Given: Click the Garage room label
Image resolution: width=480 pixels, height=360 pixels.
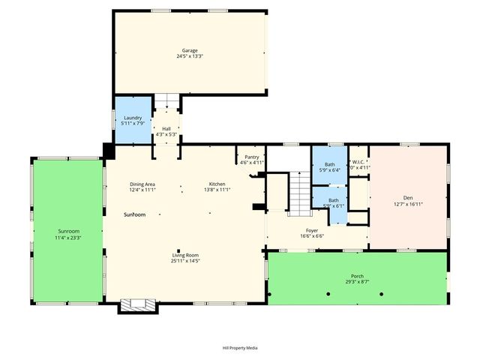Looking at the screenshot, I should pyautogui.click(x=189, y=50).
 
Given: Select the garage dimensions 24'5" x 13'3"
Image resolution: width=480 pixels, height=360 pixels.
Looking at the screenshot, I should pyautogui.click(x=189, y=56).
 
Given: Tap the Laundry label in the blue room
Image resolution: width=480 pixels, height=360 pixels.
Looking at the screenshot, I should pyautogui.click(x=132, y=118).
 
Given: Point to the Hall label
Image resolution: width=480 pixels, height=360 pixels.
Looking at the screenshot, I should pyautogui.click(x=166, y=129).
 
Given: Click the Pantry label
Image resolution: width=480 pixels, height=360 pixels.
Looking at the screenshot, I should pyautogui.click(x=251, y=157).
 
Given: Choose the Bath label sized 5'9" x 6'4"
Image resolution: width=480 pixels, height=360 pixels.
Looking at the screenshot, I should pyautogui.click(x=330, y=164).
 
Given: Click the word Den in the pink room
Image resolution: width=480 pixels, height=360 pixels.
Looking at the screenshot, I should pyautogui.click(x=408, y=197).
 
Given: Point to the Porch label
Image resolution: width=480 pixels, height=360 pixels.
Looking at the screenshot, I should pyautogui.click(x=357, y=276).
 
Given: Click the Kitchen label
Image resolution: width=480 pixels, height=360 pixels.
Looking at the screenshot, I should pyautogui.click(x=217, y=184).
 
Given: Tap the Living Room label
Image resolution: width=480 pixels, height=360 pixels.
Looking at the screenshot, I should pyautogui.click(x=184, y=255).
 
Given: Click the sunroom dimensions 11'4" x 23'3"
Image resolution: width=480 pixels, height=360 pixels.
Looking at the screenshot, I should pyautogui.click(x=68, y=237).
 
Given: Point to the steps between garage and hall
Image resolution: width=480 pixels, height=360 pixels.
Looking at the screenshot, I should pyautogui.click(x=168, y=102).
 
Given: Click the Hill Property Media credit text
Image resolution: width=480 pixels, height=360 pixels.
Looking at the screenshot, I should pyautogui.click(x=239, y=348).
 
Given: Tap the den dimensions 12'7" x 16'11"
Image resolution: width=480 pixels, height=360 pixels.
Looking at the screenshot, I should pyautogui.click(x=408, y=203).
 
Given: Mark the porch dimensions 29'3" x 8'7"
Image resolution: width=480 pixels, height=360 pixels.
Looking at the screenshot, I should pyautogui.click(x=357, y=282).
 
